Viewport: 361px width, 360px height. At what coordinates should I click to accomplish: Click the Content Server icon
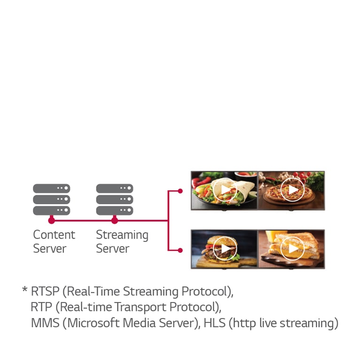51,199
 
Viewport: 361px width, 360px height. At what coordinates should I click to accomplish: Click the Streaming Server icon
114,199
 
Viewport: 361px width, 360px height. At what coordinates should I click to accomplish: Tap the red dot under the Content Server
51,220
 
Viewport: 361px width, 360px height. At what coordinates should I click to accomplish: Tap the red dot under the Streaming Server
114,220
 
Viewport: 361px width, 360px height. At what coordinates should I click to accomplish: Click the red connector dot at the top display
180,191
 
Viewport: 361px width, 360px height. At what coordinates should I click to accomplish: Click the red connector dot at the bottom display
180,250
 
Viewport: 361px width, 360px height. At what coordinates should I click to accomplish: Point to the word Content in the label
54,235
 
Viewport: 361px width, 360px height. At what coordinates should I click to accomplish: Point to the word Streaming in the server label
122,235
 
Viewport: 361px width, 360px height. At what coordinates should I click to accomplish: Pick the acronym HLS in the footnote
214,323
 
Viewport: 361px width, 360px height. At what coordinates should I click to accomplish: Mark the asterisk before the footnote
24,290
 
